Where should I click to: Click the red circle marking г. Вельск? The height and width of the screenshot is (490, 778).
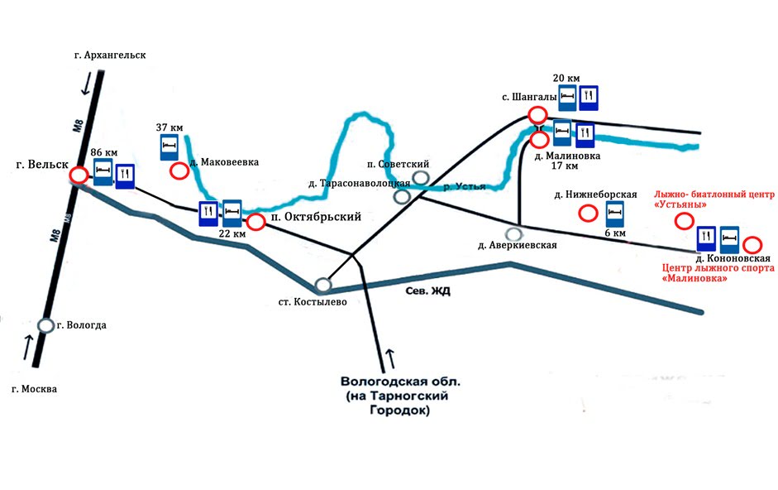79,175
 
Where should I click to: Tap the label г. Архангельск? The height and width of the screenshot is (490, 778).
109,55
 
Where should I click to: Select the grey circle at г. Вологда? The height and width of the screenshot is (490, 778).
46,325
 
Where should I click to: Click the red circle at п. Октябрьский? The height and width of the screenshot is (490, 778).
255,222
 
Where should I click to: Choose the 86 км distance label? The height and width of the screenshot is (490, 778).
105,153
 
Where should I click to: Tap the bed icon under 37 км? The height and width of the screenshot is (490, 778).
169,148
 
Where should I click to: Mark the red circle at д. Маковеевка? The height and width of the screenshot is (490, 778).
179,171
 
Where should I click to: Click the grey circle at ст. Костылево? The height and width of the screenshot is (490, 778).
323,285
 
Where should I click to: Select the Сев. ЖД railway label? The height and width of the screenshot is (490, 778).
427,291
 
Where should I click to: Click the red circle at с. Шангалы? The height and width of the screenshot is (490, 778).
537,115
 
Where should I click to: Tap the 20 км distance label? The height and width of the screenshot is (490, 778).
565,78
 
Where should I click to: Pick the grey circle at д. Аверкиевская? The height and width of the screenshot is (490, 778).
513,234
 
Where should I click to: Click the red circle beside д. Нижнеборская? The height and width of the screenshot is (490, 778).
588,214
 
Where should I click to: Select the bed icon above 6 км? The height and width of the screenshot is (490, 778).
614,214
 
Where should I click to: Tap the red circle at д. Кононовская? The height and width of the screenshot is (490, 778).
752,244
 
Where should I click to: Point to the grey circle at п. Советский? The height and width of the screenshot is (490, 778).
421,177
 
